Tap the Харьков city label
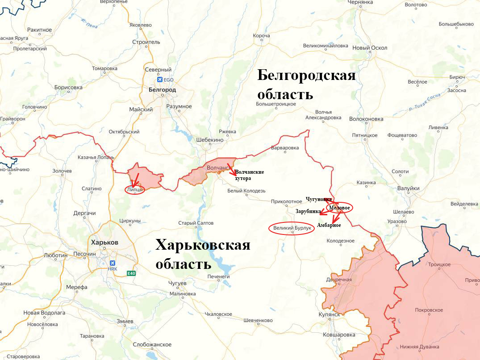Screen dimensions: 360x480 [104, 242]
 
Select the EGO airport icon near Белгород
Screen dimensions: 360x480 [159, 80]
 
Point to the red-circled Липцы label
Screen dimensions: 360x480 [135, 190]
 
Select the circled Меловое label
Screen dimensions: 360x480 [339, 208]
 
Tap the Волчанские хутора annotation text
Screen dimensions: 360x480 [249, 175]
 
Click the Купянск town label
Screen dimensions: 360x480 [330, 314]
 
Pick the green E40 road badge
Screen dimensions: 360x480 [131, 273]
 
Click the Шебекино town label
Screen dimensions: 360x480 [209, 140]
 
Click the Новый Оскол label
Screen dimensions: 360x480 [370, 48]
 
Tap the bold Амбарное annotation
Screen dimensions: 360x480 [329, 225]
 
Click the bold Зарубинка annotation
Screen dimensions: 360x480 [308, 211]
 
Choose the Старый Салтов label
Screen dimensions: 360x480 [196, 223]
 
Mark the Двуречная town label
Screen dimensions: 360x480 [339, 280]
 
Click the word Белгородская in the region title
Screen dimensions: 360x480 [306, 75]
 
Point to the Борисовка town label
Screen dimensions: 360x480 [68, 88]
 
